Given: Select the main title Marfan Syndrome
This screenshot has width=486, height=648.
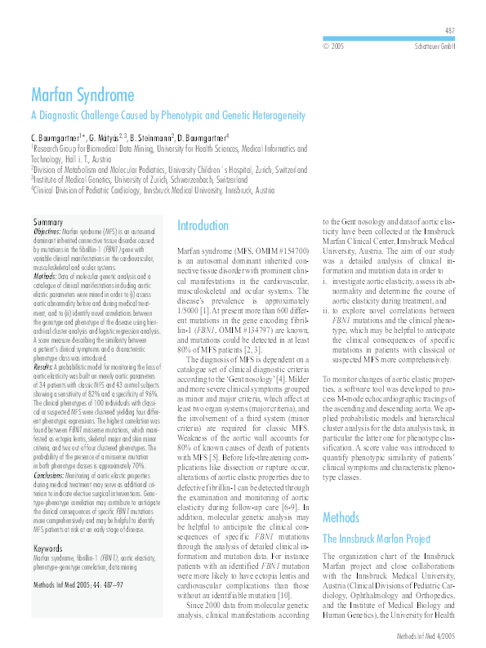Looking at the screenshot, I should pyautogui.click(x=82, y=95).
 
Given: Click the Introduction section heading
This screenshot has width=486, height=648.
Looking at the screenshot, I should pyautogui.click(x=203, y=226).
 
